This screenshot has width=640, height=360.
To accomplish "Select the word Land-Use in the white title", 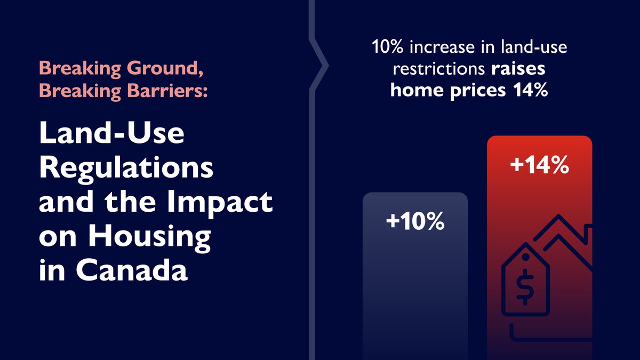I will coord(111,136).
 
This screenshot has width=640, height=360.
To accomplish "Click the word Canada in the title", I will coord(133,270).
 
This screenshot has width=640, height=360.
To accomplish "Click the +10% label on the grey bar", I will coord(415,221).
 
